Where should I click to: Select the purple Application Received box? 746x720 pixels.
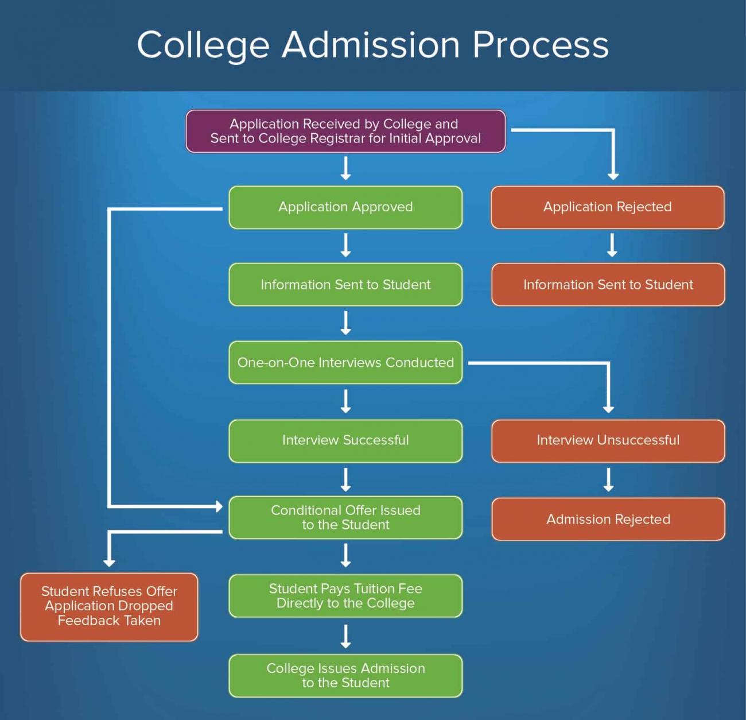[345, 131]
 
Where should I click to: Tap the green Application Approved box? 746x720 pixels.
[345, 207]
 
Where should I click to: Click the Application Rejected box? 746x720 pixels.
[607, 207]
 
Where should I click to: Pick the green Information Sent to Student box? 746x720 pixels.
[345, 285]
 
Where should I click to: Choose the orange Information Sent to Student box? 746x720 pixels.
[608, 285]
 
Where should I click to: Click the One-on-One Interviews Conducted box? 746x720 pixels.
[345, 363]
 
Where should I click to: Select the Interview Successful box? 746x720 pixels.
[345, 440]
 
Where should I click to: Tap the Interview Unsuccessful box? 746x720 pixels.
[608, 440]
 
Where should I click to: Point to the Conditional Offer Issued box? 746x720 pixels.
[345, 517]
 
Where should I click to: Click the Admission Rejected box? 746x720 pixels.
[608, 519]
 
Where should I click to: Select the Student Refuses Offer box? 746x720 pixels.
[109, 606]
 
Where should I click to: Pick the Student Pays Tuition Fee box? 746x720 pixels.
[345, 596]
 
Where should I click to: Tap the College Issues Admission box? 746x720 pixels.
[345, 676]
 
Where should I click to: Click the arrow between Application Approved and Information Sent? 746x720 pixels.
[345, 245]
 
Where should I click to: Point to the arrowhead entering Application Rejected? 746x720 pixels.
[613, 175]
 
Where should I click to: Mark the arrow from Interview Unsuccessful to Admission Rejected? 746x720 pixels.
[608, 480]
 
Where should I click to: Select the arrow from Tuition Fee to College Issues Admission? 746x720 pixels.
[345, 636]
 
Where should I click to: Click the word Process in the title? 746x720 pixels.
[540, 45]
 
